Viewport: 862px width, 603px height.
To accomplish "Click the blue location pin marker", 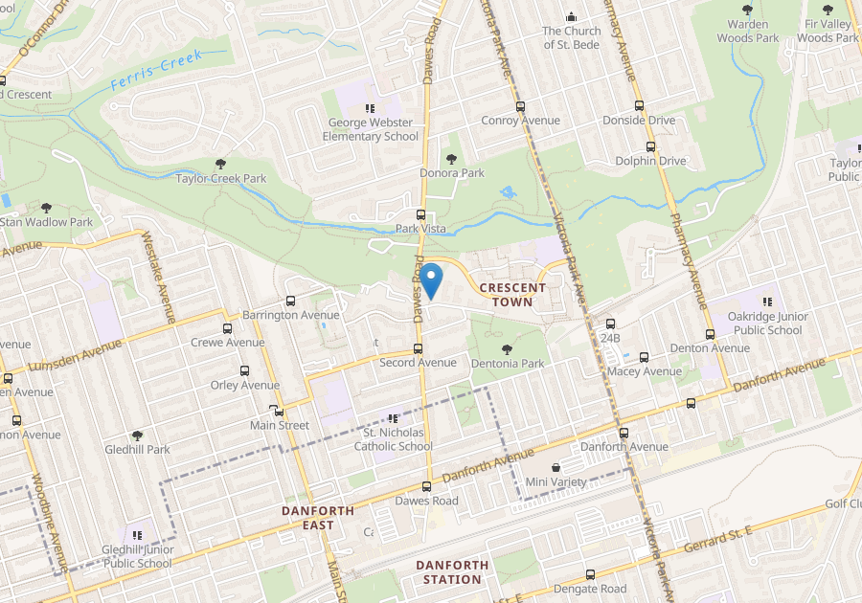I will click(431, 279).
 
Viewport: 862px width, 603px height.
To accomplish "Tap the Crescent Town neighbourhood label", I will click(512, 294).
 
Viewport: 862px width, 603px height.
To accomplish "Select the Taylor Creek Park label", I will click(221, 178).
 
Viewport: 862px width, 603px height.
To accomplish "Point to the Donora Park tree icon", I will click(452, 158).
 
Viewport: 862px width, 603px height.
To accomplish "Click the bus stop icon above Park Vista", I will click(420, 213).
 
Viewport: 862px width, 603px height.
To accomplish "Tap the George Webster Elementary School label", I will click(371, 129).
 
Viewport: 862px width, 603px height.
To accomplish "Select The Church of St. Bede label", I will click(572, 37).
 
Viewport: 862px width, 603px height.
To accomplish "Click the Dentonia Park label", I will click(508, 364).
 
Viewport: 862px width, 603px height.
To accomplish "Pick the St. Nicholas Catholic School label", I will click(394, 439).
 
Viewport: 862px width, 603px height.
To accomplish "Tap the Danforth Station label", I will click(452, 571).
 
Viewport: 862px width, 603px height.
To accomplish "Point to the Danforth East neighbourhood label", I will click(318, 518).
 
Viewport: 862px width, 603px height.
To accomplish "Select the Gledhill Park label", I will click(137, 449).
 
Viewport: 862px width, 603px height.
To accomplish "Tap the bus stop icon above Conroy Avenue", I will click(520, 106).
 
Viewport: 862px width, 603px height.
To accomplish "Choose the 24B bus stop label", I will click(611, 338).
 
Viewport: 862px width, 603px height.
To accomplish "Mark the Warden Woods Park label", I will click(754, 31).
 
